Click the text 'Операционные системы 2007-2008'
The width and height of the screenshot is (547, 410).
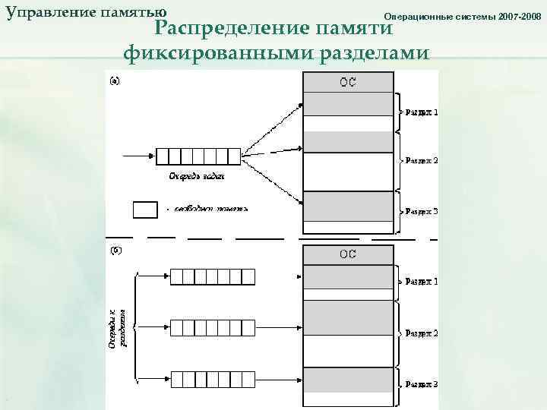pos(463,16)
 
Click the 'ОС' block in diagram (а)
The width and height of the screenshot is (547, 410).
pos(348,82)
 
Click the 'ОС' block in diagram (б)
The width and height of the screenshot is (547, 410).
pos(348,254)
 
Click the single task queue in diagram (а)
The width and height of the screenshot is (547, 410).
pos(198,156)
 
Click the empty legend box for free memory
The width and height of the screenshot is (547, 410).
pos(145,209)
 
